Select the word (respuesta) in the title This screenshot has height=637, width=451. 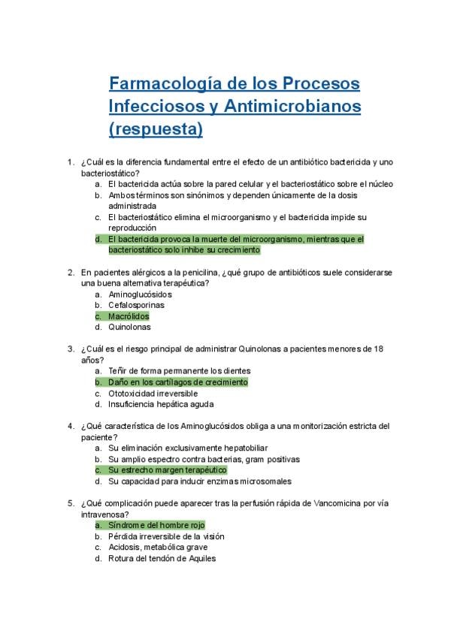[156, 129]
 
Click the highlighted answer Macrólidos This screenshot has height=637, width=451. [129, 316]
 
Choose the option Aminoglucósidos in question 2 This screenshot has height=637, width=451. [140, 294]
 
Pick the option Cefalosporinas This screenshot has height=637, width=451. [136, 305]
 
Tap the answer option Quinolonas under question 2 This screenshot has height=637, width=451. [129, 327]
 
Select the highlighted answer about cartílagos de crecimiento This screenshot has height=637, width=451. [177, 382]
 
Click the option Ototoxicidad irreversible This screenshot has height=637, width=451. [153, 393]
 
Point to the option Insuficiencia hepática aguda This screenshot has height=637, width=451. [161, 404]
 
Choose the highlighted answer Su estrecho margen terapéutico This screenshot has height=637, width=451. [167, 469]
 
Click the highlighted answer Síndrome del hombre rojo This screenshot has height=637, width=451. [156, 525]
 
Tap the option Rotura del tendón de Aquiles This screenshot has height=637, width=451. [162, 558]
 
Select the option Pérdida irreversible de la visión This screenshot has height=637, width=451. [166, 536]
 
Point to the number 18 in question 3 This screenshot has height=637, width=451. [379, 349]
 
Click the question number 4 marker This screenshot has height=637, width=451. [70, 426]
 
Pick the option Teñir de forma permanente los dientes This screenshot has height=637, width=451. [179, 371]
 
